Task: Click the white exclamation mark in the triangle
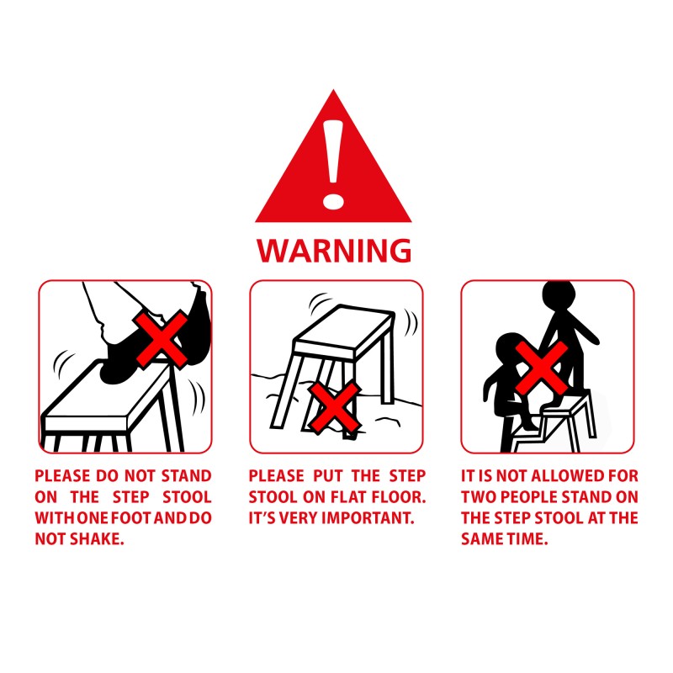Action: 333,164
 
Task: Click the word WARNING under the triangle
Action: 334,251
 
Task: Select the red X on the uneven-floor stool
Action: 335,408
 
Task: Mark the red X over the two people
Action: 542,368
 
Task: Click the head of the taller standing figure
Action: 558,295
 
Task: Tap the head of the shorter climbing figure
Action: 511,348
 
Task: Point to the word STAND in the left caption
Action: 186,476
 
